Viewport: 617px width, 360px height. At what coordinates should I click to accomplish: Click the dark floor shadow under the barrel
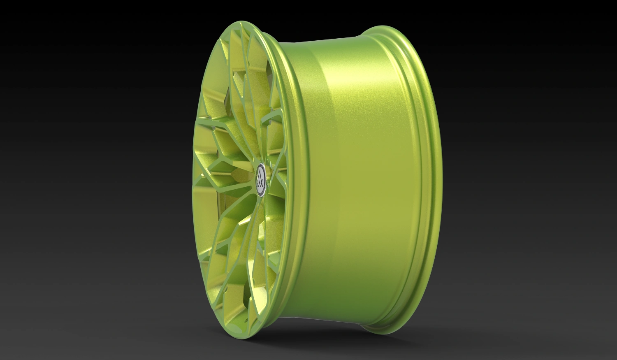pos(329,333)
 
